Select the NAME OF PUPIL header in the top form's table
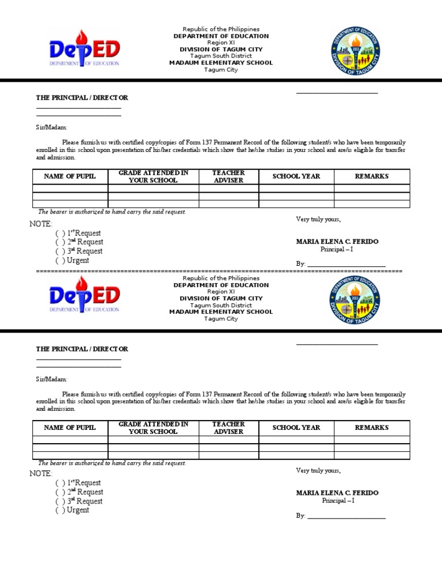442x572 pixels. pyautogui.click(x=70, y=177)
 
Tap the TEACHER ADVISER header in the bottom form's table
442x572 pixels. pyautogui.click(x=228, y=428)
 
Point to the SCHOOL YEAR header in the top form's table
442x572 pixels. pyautogui.click(x=296, y=177)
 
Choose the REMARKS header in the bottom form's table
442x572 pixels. pyautogui.click(x=372, y=428)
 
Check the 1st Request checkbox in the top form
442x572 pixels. pyautogui.click(x=60, y=234)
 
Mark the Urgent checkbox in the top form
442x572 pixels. pyautogui.click(x=60, y=261)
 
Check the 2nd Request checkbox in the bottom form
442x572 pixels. pyautogui.click(x=60, y=493)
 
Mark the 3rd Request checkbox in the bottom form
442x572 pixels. pyautogui.click(x=60, y=502)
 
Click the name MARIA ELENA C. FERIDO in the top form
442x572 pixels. pyautogui.click(x=337, y=242)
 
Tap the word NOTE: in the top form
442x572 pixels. pyautogui.click(x=41, y=224)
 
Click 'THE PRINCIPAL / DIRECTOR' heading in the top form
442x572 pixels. pyautogui.click(x=82, y=98)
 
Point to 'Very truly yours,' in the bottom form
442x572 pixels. pyautogui.click(x=318, y=471)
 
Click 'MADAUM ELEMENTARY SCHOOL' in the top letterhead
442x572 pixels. pyautogui.click(x=221, y=63)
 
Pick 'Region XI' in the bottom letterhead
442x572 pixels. pyautogui.click(x=221, y=292)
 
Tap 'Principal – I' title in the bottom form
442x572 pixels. pyautogui.click(x=337, y=501)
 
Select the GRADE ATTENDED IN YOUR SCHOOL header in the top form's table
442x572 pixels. pyautogui.click(x=153, y=177)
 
